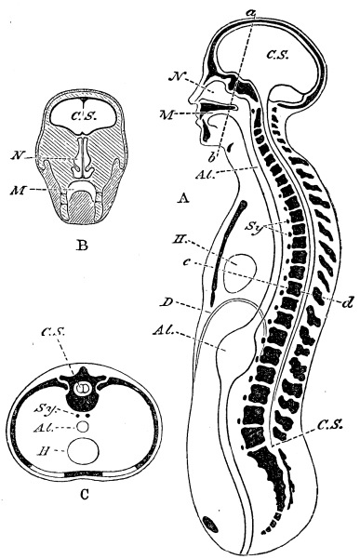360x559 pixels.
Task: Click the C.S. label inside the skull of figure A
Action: [280, 54]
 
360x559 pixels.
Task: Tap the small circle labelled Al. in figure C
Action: [86, 427]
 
